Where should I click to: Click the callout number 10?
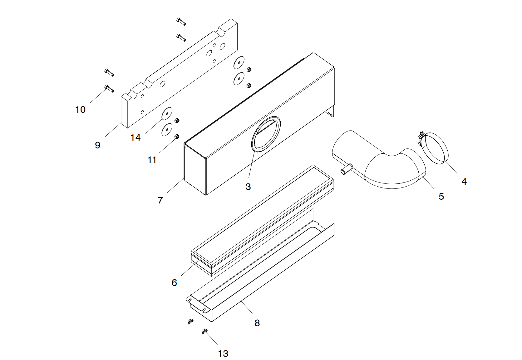click(80, 110)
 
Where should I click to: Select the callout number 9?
click(98, 145)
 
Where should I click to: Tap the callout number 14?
click(135, 137)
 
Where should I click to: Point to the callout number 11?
click(152, 160)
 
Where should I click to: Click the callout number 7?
click(160, 200)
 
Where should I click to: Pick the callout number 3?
click(248, 187)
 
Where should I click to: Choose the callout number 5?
click(441, 196)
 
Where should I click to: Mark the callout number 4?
click(464, 181)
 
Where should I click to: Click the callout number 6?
click(174, 282)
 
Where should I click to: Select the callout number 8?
click(257, 323)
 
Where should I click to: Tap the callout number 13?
click(223, 353)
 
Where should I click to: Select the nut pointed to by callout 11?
click(177, 136)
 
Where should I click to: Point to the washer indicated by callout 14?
click(167, 113)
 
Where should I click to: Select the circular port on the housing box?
click(266, 134)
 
